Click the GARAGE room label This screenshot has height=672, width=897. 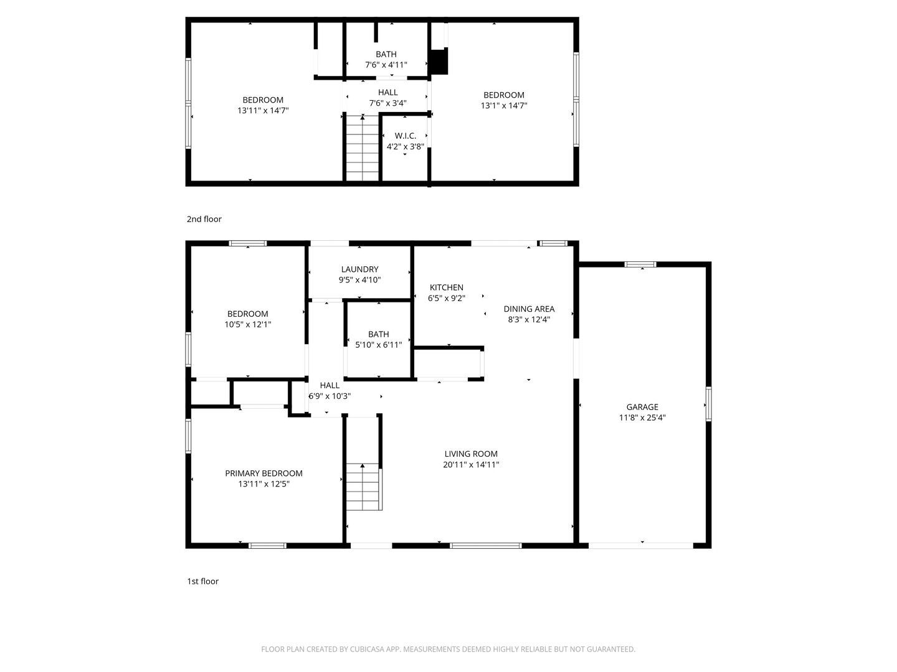(x=642, y=407)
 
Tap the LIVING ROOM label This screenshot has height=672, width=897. (x=471, y=454)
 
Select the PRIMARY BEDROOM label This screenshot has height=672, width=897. (x=263, y=473)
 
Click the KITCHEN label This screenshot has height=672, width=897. (x=447, y=287)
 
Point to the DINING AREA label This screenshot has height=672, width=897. (x=529, y=309)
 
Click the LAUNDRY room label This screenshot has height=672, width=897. (x=359, y=269)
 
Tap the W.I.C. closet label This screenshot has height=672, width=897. (x=405, y=136)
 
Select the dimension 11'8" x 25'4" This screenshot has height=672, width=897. (x=642, y=418)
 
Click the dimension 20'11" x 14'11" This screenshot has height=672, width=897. (x=471, y=465)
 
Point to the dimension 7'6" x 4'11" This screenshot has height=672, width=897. (x=386, y=65)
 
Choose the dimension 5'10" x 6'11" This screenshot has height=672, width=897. (x=379, y=345)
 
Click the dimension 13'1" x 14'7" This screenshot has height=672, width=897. (x=504, y=106)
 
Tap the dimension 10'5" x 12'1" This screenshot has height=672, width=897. (x=248, y=324)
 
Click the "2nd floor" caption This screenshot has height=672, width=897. (x=204, y=219)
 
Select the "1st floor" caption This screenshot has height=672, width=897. (x=203, y=581)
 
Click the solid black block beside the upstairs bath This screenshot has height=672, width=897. (x=439, y=62)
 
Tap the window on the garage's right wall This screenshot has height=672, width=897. (x=708, y=404)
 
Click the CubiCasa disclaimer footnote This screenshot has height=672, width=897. (x=448, y=650)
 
